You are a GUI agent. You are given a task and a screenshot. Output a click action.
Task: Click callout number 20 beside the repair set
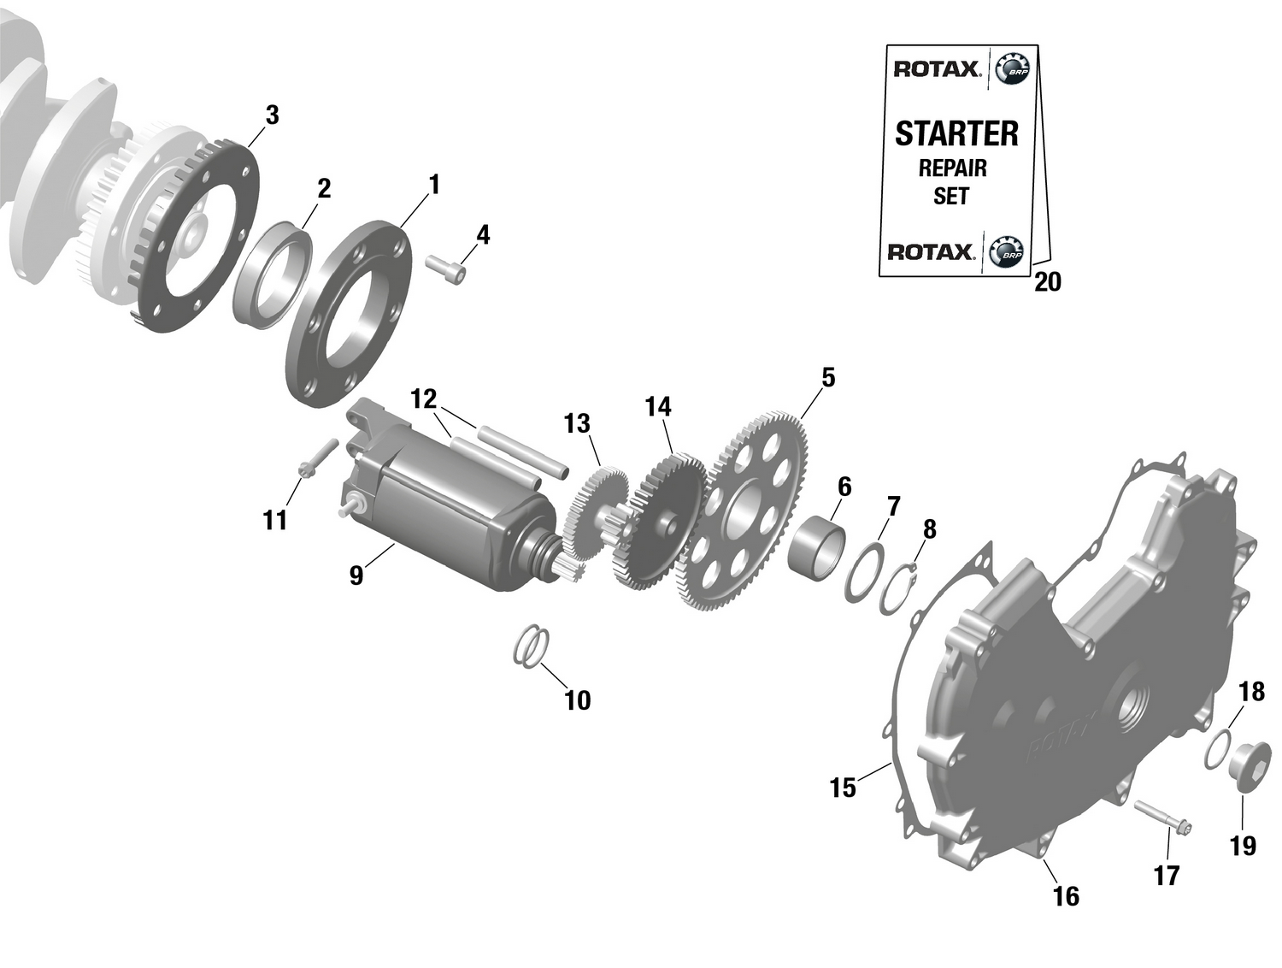(1047, 281)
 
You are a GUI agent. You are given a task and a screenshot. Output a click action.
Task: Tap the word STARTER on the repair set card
(956, 134)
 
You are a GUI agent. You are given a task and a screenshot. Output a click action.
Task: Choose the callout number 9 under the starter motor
(356, 575)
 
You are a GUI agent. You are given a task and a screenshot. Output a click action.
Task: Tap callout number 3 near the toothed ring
(272, 115)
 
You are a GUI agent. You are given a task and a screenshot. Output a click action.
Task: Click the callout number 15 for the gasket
(843, 788)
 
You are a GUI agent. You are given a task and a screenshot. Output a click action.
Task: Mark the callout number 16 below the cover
(1066, 895)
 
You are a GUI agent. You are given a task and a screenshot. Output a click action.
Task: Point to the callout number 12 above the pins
(423, 398)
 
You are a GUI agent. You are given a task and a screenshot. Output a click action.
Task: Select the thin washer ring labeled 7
(865, 571)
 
